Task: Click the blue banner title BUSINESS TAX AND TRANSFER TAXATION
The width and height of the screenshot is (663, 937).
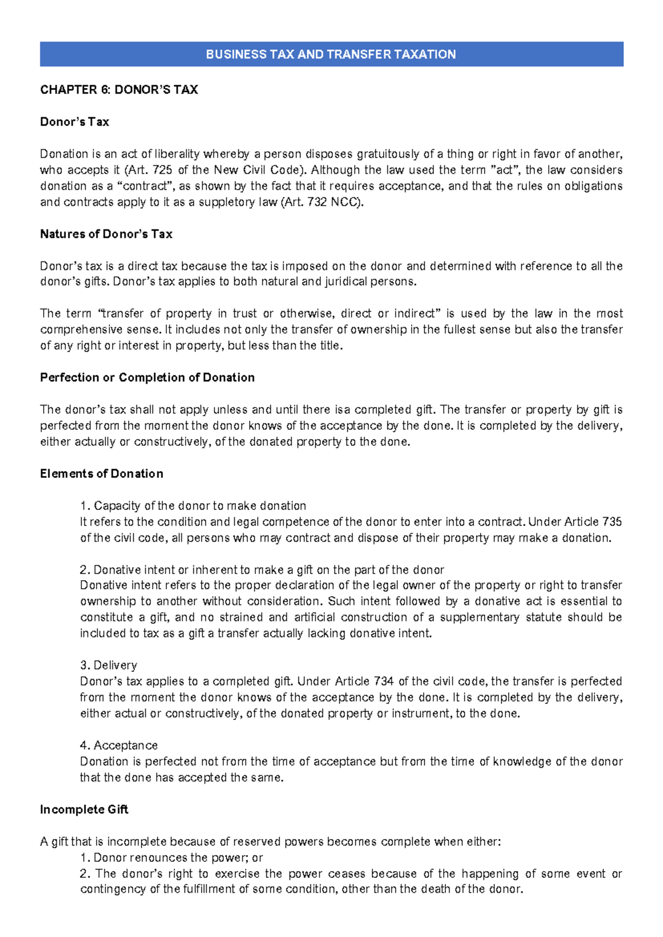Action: point(331,54)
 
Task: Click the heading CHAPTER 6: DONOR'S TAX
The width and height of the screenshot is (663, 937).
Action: point(119,90)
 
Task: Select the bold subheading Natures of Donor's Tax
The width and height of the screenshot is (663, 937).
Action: point(106,234)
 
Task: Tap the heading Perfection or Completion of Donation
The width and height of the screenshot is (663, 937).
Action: point(147,377)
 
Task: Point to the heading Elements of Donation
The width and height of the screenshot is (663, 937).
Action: point(102,473)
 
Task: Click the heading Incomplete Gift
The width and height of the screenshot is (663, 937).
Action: point(84,809)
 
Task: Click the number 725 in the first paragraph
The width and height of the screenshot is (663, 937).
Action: point(162,170)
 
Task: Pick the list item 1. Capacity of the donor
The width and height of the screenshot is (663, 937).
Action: point(193,506)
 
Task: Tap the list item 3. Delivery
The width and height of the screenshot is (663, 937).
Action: point(108,665)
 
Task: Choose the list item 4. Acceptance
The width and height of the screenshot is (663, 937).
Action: point(119,745)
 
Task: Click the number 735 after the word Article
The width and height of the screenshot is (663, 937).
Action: point(612,522)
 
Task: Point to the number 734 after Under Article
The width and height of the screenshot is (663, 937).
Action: point(383,681)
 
